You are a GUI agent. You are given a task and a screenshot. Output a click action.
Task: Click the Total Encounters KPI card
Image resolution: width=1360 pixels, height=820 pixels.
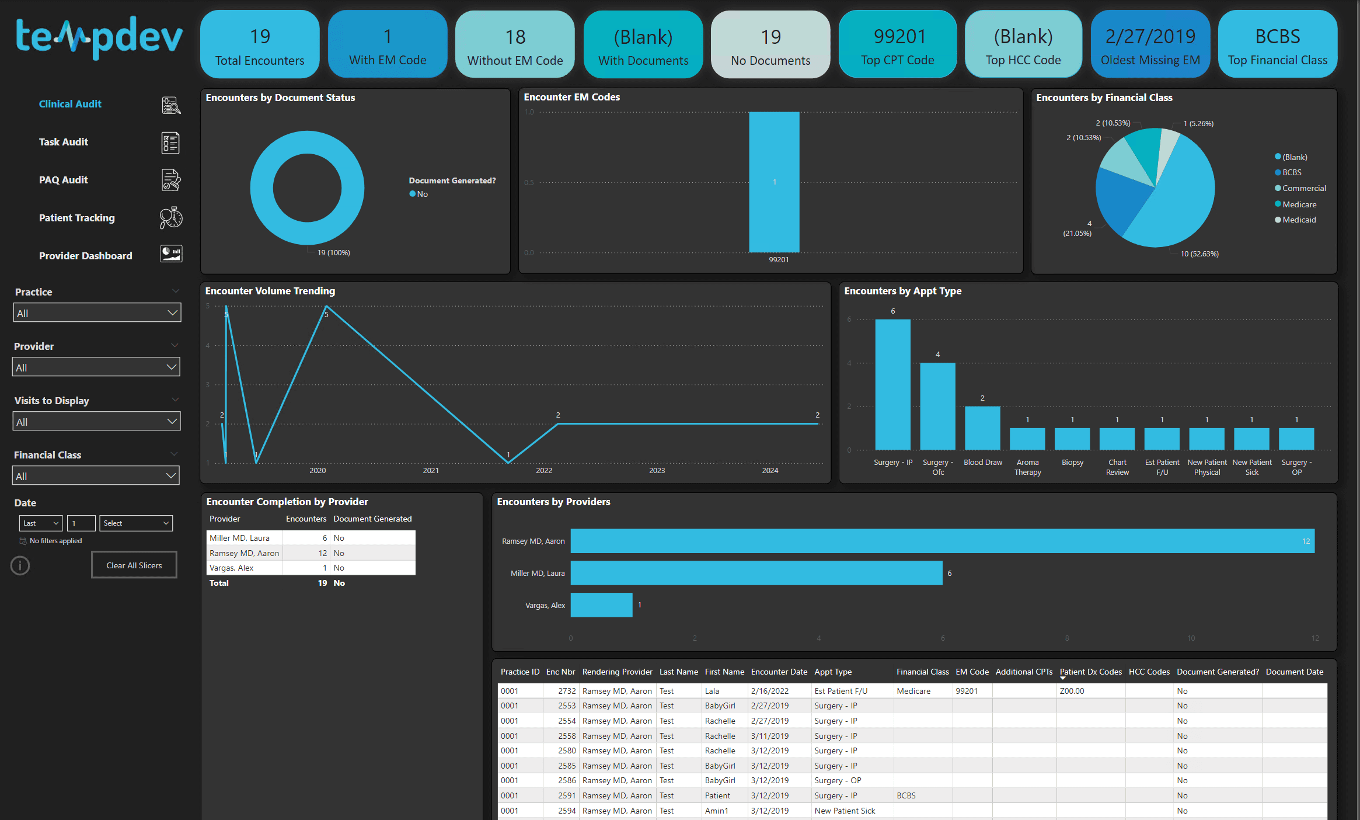pyautogui.click(x=260, y=44)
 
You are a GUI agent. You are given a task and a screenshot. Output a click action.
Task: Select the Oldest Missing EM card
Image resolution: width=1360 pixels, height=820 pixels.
pyautogui.click(x=1150, y=44)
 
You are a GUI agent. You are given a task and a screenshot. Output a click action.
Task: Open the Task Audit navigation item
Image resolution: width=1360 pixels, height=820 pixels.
pyautogui.click(x=64, y=142)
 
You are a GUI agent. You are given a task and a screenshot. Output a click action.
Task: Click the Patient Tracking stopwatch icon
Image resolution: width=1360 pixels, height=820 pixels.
pyautogui.click(x=171, y=218)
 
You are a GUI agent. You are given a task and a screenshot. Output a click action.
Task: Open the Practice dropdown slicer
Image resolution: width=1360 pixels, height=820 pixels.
pyautogui.click(x=97, y=312)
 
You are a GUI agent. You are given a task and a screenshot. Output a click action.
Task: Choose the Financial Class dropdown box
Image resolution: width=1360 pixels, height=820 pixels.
pyautogui.click(x=96, y=475)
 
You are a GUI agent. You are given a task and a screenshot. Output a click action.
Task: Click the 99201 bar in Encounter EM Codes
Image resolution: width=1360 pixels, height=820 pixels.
pyautogui.click(x=774, y=182)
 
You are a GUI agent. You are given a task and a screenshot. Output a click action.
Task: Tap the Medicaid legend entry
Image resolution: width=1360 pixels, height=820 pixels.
pyautogui.click(x=1299, y=220)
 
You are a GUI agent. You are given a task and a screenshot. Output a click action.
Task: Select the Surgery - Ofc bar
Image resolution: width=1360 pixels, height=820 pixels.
pyautogui.click(x=937, y=406)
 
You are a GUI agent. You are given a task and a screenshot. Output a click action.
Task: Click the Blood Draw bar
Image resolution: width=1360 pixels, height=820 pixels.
pyautogui.click(x=982, y=428)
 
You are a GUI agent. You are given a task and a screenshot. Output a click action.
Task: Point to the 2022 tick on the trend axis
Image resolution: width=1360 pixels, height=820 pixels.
pyautogui.click(x=544, y=470)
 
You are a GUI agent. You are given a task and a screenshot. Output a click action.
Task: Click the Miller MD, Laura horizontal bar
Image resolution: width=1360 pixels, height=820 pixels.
pyautogui.click(x=756, y=573)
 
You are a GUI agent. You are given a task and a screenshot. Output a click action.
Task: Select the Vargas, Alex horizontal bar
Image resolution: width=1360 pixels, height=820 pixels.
pyautogui.click(x=601, y=605)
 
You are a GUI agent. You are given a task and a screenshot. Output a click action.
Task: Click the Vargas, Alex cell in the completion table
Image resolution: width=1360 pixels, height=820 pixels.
pyautogui.click(x=232, y=568)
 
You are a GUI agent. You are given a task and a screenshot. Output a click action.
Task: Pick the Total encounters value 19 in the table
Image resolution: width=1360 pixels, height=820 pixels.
pyautogui.click(x=322, y=583)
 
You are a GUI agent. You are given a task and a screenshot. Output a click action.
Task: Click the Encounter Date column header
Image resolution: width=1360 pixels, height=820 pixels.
pyautogui.click(x=779, y=672)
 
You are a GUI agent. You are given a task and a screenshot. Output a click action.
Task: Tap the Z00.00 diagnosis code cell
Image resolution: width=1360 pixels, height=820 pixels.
pyautogui.click(x=1072, y=691)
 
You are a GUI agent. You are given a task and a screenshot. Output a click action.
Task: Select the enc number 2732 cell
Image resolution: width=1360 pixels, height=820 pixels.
pyautogui.click(x=566, y=691)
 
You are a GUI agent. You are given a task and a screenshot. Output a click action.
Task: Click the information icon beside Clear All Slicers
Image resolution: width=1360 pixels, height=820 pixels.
pyautogui.click(x=20, y=565)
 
